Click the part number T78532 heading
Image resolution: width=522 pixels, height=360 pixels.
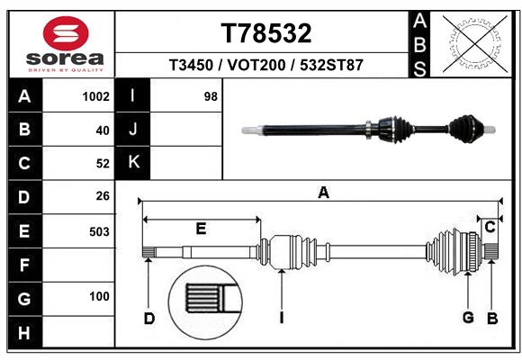pyautogui.click(x=266, y=33)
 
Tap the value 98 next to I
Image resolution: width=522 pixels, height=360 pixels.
pyautogui.click(x=211, y=96)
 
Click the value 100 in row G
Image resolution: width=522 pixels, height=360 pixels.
pyautogui.click(x=99, y=297)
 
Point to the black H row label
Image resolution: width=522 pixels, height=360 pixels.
pyautogui.click(x=24, y=335)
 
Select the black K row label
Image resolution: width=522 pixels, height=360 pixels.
pyautogui.click(x=133, y=162)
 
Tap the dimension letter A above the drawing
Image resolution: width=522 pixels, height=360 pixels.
pyautogui.click(x=323, y=192)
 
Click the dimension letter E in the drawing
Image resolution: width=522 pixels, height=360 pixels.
pyautogui.click(x=201, y=229)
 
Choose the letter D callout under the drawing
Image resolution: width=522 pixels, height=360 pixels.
pyautogui.click(x=149, y=318)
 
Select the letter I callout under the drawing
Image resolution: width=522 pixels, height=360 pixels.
pyautogui.click(x=282, y=318)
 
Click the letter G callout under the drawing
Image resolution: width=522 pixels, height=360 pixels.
pyautogui.click(x=468, y=318)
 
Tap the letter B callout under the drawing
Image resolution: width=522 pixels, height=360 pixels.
pyautogui.click(x=492, y=318)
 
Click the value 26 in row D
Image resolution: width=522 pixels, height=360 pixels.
pyautogui.click(x=102, y=195)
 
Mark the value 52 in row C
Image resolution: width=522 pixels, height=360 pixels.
pyautogui.click(x=102, y=163)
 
